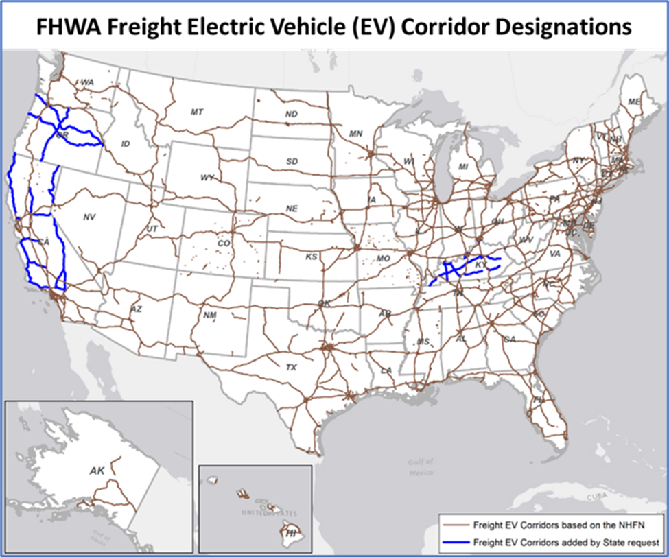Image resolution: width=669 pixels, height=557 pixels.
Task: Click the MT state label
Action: [x=197, y=111]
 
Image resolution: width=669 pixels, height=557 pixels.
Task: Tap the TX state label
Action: [x=291, y=368]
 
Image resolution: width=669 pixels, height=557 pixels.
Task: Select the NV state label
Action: [x=89, y=217]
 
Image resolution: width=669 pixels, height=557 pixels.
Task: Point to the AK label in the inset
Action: [x=97, y=471]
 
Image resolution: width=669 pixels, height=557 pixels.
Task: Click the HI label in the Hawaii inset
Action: [x=292, y=532]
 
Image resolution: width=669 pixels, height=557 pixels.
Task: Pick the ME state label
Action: [x=634, y=102]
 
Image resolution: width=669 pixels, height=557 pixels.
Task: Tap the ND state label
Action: [x=292, y=114]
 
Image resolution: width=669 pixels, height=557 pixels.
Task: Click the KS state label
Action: [x=312, y=257]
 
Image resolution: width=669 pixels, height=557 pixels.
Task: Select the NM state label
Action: [x=210, y=315]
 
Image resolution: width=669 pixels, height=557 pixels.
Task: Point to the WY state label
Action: [x=208, y=177]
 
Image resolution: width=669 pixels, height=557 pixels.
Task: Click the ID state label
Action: [x=125, y=144]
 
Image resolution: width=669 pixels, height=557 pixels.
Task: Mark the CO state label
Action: [x=224, y=243]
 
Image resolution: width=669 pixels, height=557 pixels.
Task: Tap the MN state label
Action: [x=355, y=134]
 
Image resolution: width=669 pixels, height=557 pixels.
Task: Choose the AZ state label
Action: [x=136, y=309]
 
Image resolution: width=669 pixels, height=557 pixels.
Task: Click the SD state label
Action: [x=292, y=161]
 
